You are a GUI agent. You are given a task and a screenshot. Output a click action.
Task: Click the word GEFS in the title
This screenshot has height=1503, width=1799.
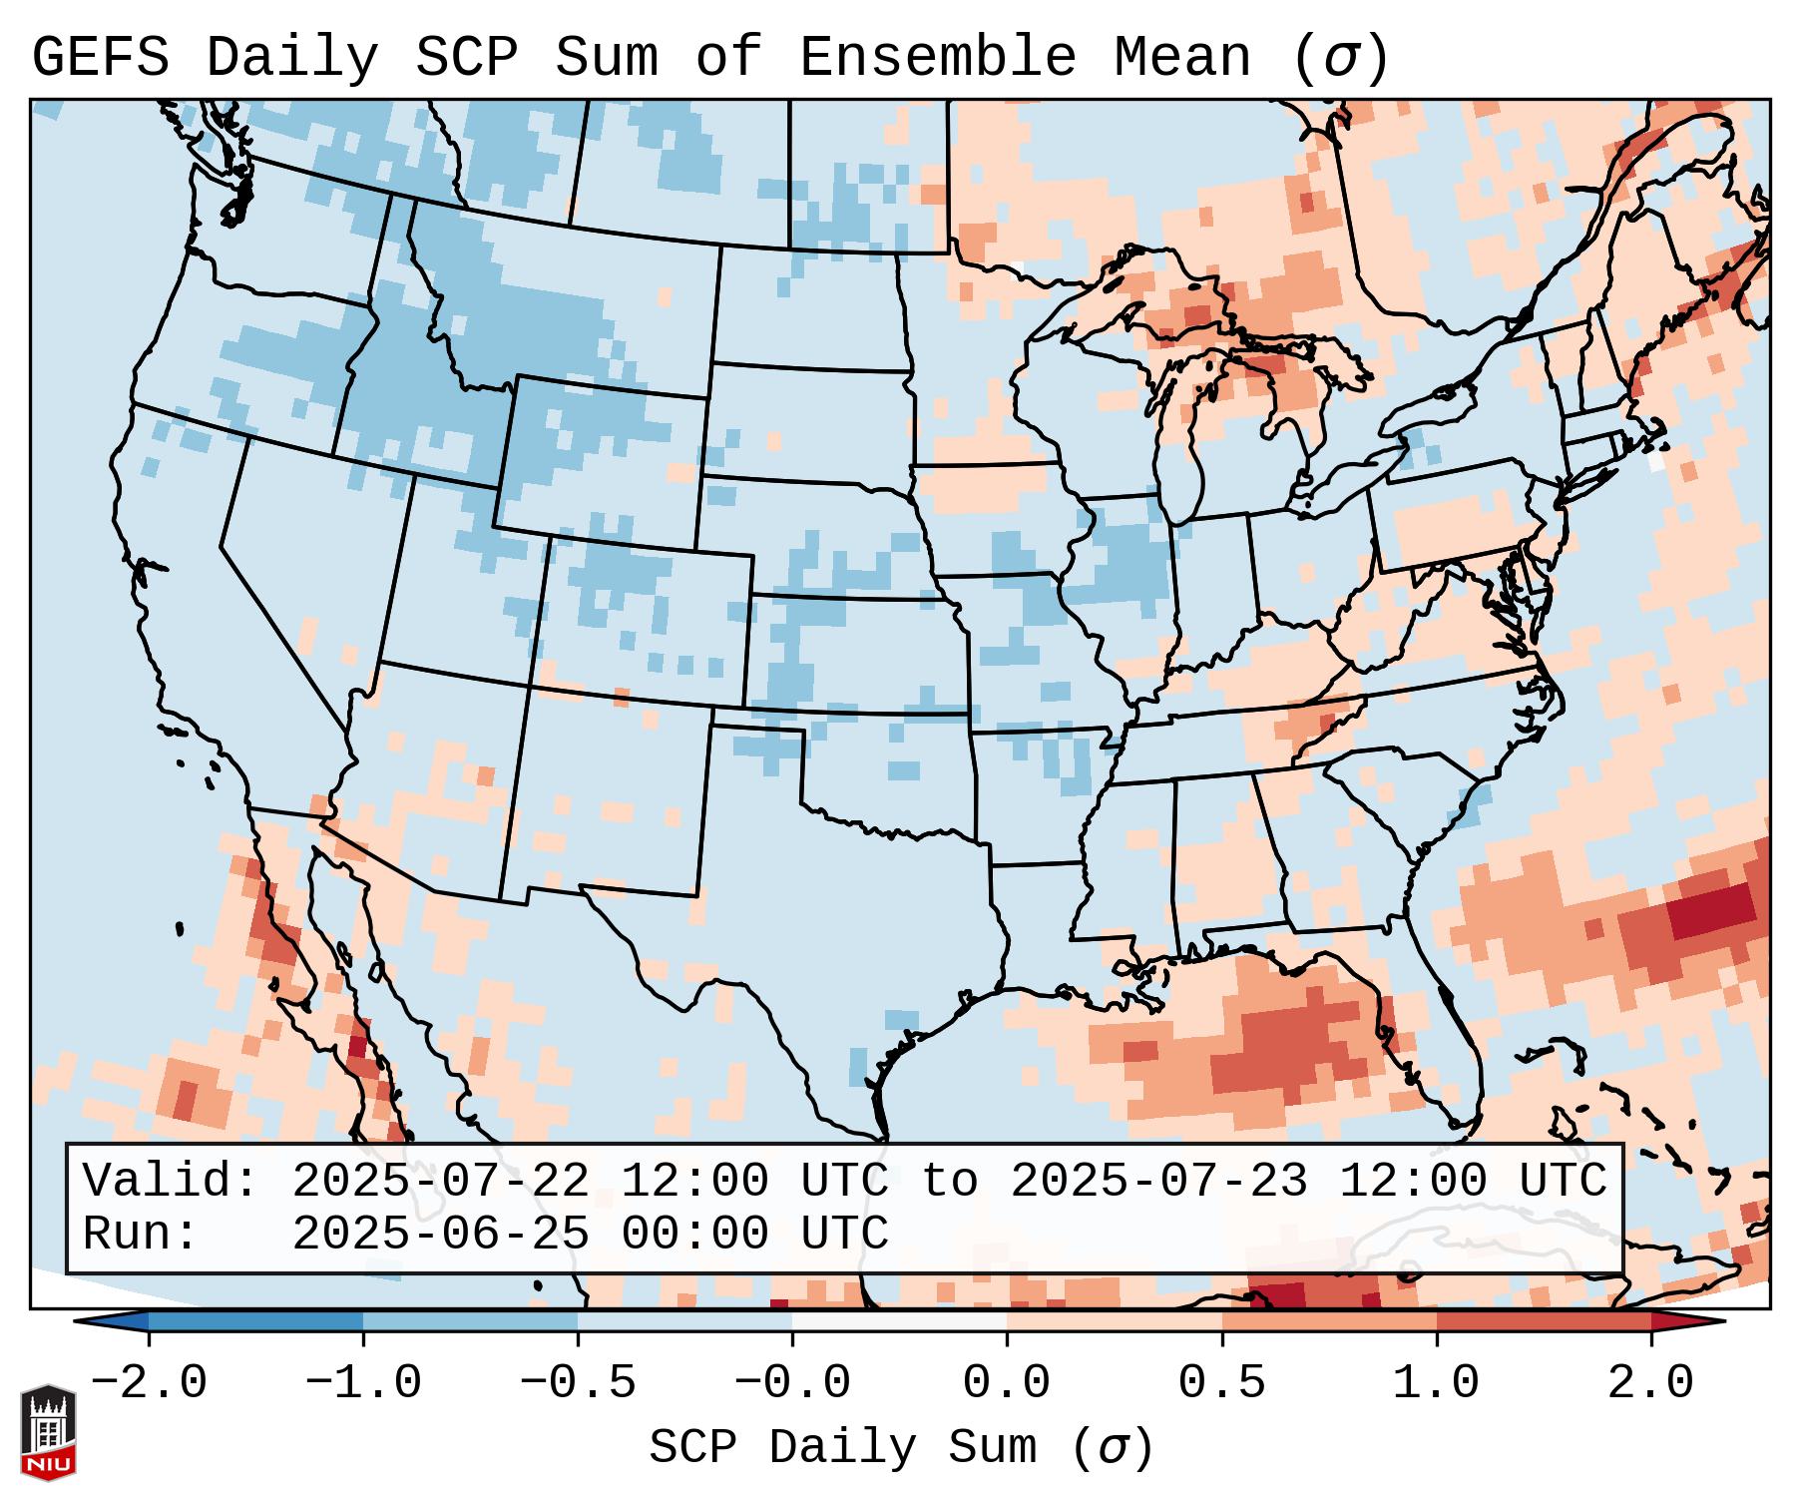point(101,58)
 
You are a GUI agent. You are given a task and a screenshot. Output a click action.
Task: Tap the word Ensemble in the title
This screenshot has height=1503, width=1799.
point(937,58)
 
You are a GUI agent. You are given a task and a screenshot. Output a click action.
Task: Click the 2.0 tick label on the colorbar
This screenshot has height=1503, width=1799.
point(1650,1383)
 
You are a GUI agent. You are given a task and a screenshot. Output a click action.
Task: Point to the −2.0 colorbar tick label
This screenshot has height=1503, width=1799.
point(149,1383)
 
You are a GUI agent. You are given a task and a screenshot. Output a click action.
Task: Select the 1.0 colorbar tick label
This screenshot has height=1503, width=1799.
point(1436,1383)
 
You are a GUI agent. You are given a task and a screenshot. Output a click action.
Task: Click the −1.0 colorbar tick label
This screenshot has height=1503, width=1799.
point(363,1383)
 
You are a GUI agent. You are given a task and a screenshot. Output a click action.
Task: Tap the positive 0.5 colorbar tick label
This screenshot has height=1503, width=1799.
point(1221,1383)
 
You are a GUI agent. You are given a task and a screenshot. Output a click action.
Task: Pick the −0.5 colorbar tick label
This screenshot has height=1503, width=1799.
point(578,1383)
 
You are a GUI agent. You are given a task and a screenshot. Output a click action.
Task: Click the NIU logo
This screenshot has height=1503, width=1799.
point(48,1431)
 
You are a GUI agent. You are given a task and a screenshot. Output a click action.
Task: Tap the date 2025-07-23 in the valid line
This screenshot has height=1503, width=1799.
point(1158,1181)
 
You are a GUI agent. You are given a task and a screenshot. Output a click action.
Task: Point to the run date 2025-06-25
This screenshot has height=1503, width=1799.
point(440,1234)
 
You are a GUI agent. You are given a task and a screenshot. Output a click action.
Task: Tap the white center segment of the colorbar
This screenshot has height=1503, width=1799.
point(899,1321)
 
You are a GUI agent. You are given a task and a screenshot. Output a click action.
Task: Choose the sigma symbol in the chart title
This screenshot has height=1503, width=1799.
point(1340,58)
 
